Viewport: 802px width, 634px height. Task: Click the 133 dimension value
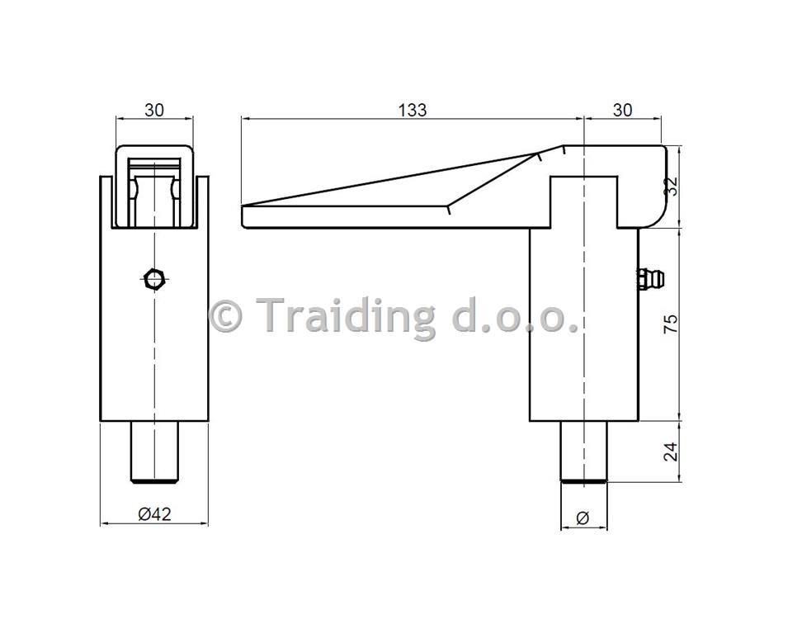413,110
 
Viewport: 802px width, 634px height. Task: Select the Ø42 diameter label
154,513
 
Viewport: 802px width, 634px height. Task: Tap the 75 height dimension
671,324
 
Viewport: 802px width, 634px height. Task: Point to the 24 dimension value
671,452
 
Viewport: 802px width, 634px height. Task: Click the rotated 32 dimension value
671,186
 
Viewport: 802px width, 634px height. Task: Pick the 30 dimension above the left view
154,110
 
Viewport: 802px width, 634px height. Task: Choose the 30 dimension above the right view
622,110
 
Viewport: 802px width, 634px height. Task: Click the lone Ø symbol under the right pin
583,518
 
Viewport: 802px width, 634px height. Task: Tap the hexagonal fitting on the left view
154,279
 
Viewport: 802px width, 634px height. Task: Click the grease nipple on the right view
651,279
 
